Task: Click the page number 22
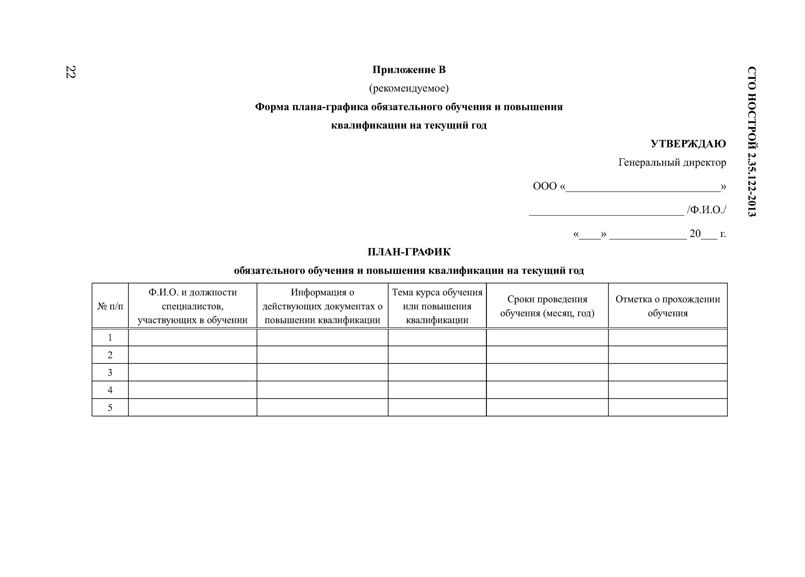[70, 72]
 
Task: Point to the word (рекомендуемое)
[409, 88]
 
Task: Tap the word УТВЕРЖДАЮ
[688, 144]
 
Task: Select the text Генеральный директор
[672, 163]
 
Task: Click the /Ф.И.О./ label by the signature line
[706, 210]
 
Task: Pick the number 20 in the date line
[695, 234]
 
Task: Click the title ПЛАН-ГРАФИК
[409, 252]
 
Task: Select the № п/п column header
[110, 306]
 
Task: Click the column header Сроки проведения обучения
[547, 306]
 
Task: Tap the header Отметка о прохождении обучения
[668, 306]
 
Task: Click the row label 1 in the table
[110, 338]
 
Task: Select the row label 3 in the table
[110, 372]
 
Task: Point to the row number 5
[110, 408]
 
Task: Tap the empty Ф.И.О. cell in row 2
[192, 355]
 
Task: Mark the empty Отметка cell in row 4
[668, 390]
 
